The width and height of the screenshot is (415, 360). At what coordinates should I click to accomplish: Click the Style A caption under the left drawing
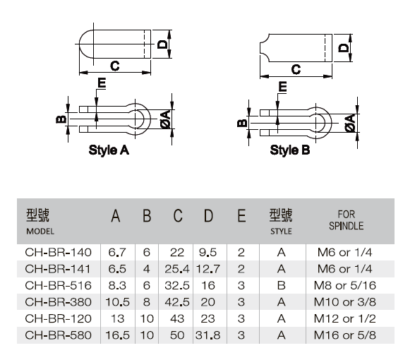(109, 150)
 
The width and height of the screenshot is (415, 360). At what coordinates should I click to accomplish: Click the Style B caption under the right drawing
(290, 150)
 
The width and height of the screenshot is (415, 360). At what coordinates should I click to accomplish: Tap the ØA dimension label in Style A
(166, 120)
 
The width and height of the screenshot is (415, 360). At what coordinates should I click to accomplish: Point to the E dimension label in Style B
(282, 87)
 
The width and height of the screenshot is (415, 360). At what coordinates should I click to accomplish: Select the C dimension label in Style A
(115, 66)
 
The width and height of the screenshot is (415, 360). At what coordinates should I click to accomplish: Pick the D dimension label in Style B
(344, 48)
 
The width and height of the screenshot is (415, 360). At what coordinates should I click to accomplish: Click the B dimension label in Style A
(61, 119)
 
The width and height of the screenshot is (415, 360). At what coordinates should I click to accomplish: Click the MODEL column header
(40, 232)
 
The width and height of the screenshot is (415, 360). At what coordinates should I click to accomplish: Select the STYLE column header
(281, 232)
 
